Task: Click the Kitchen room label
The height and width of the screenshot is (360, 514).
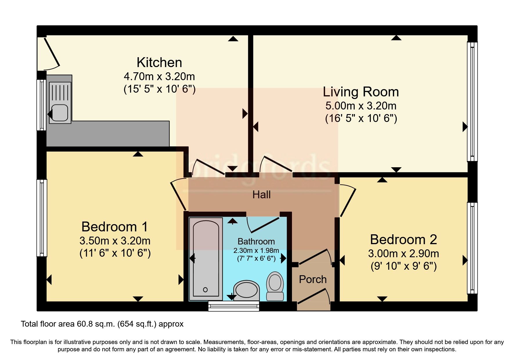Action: tap(159, 62)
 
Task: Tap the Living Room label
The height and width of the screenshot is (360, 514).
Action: tap(360, 92)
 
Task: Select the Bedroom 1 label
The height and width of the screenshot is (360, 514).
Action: tap(114, 227)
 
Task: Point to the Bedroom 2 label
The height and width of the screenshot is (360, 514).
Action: tap(403, 240)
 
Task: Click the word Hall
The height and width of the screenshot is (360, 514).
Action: tap(261, 195)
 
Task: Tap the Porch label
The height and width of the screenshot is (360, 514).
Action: tap(313, 279)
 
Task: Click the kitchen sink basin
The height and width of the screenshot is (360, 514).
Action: tap(60, 113)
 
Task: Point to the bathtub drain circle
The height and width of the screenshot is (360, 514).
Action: tap(205, 289)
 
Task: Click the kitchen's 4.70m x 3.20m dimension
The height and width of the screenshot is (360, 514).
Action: tap(159, 77)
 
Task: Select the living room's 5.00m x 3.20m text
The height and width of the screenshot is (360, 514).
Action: tap(360, 106)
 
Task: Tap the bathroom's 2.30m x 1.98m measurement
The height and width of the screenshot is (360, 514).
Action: tap(256, 250)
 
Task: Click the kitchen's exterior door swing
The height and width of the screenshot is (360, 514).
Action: tap(51, 54)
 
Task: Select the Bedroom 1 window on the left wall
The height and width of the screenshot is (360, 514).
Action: tap(42, 218)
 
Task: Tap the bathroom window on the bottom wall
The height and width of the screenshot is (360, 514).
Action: tap(234, 306)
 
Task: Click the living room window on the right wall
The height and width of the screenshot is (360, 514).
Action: tap(472, 102)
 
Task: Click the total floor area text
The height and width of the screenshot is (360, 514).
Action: tap(102, 324)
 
